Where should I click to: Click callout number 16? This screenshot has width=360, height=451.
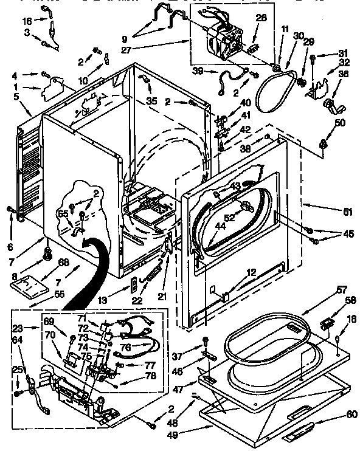[x=26, y=21]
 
